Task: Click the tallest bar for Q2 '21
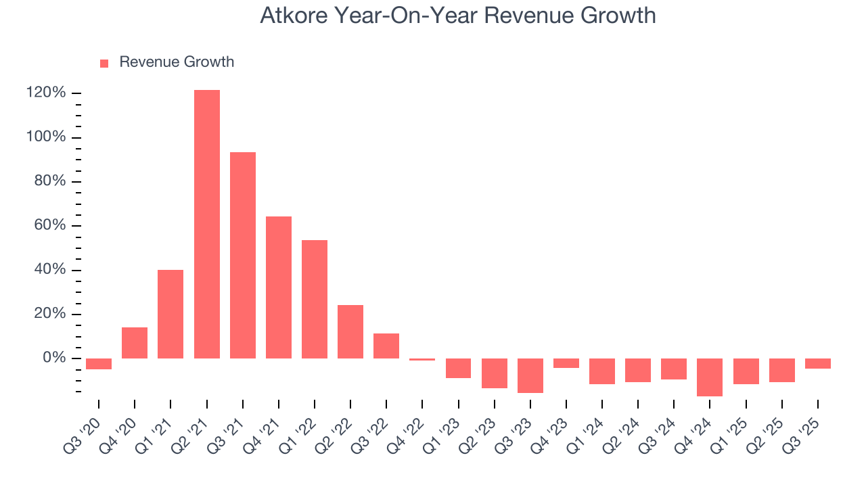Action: coord(206,223)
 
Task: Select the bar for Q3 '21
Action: coord(243,255)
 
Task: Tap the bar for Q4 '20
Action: coord(135,343)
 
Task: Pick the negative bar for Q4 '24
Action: coord(710,377)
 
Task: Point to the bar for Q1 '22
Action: coord(315,299)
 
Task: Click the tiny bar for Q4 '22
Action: coord(422,359)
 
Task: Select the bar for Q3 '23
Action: coord(530,375)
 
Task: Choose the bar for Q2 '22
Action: coord(350,331)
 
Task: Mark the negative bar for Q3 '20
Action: coord(99,364)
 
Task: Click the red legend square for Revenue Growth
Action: coord(104,63)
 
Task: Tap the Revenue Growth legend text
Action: coord(177,62)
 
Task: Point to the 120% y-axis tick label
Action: coord(46,93)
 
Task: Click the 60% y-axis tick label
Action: coord(49,225)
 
